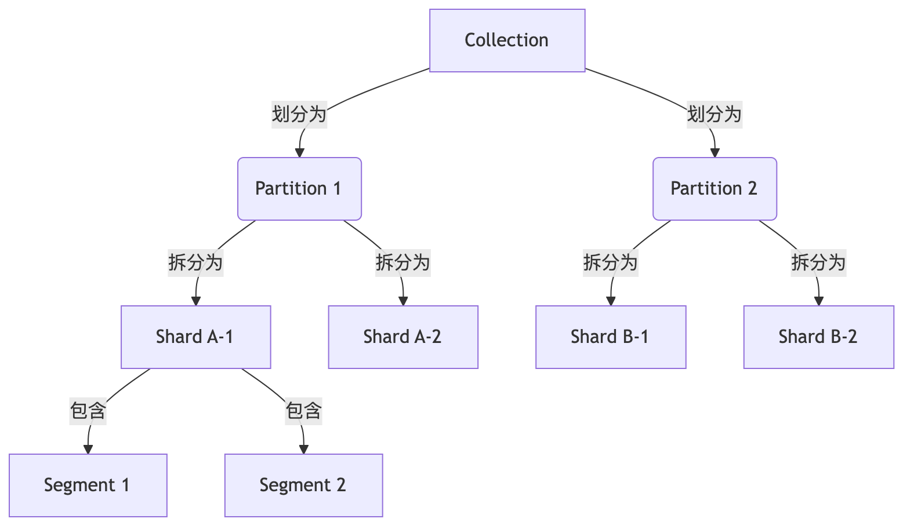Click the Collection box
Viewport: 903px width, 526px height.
507,41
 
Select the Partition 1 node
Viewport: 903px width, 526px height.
299,189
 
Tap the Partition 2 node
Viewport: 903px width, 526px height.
715,189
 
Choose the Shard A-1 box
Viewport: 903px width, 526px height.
195,337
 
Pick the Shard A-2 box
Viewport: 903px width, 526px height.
403,337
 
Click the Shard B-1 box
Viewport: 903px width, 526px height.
611,337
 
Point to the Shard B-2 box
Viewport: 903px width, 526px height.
818,337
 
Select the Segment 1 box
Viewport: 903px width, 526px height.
88,485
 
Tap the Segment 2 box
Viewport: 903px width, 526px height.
303,485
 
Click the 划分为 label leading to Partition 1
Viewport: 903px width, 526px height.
299,114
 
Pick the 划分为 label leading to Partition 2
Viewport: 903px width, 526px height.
715,114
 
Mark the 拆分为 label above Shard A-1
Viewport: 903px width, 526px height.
195,262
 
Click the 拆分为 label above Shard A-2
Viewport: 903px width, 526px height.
403,262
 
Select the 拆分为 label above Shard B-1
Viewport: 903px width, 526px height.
611,262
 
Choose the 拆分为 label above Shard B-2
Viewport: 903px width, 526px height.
818,262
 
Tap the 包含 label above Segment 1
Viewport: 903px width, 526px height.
88,411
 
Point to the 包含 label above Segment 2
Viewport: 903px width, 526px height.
303,411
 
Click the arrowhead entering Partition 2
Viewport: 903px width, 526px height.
715,153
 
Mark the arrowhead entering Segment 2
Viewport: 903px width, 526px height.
303,450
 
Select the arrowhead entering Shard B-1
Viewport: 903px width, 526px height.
611,301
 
